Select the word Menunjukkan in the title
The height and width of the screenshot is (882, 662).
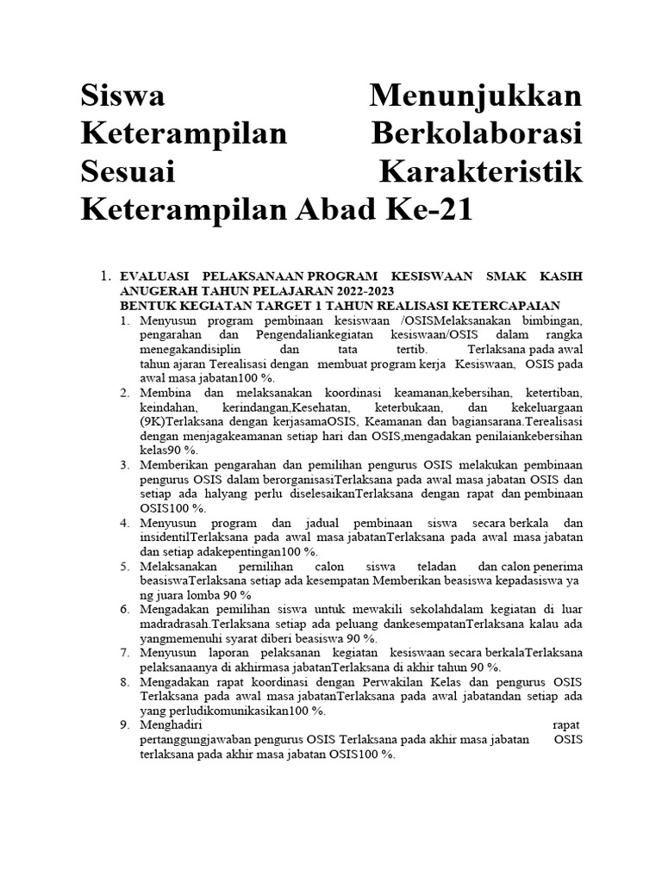475,96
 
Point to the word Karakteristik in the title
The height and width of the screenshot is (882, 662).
481,171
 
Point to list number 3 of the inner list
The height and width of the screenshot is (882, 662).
125,465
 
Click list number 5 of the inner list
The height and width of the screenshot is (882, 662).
125,566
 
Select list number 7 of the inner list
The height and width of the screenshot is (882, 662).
125,652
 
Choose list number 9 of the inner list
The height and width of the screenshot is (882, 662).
125,724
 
